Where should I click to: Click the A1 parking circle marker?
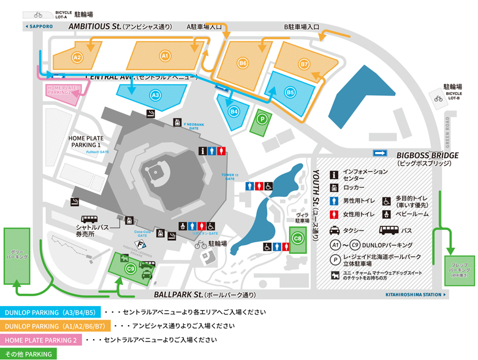tap(164, 56)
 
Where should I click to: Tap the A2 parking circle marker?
tap(77, 57)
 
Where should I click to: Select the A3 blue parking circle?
tap(155, 95)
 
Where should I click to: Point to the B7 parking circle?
tap(305, 64)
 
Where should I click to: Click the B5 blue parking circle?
tap(290, 92)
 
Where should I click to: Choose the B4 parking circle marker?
tap(233, 112)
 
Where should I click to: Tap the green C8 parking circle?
tap(298, 238)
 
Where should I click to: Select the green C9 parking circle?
tap(131, 268)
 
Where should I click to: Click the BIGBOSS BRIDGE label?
tap(427, 156)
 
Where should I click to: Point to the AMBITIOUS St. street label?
tap(94, 27)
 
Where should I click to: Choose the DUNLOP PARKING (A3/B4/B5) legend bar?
tap(49, 312)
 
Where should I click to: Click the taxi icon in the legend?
tap(336, 231)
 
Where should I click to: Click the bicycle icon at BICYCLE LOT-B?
tap(438, 98)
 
